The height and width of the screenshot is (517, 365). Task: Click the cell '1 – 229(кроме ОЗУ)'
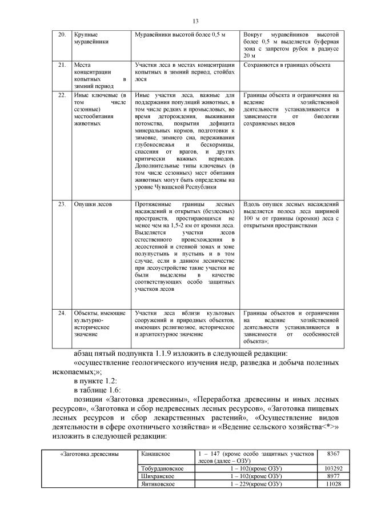click(258, 484)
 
